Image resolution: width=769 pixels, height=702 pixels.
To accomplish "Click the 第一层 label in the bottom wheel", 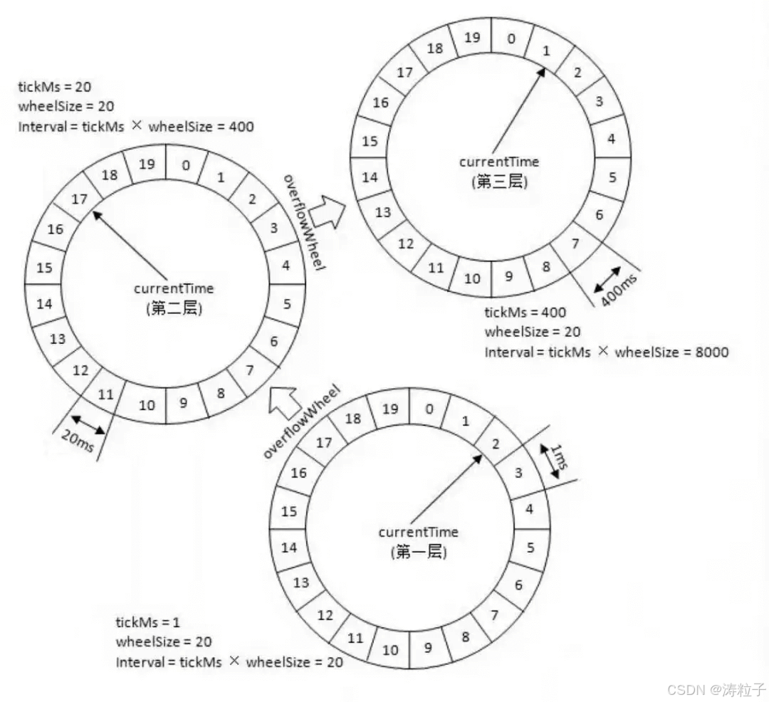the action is [419, 552].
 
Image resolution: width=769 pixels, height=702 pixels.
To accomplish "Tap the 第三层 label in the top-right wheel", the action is [499, 182].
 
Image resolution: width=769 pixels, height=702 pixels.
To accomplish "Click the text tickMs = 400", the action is [525, 313].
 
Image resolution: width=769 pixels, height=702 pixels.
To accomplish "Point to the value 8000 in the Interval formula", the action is [708, 351].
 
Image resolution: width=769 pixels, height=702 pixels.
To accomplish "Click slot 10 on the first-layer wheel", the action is [390, 649].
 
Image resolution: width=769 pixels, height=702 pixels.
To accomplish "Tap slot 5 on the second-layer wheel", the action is [287, 304].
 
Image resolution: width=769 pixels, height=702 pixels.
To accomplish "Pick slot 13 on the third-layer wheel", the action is [383, 211].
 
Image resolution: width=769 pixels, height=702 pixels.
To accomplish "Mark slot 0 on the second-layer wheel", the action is [185, 166].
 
